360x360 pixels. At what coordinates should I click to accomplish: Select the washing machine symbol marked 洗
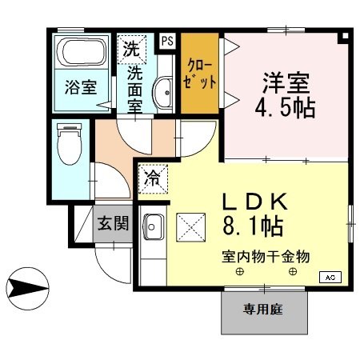coord(130,47)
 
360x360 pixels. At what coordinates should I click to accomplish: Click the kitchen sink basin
coord(153,226)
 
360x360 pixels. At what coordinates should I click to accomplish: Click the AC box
coord(330,277)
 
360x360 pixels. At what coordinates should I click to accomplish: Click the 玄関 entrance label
coord(114,223)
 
